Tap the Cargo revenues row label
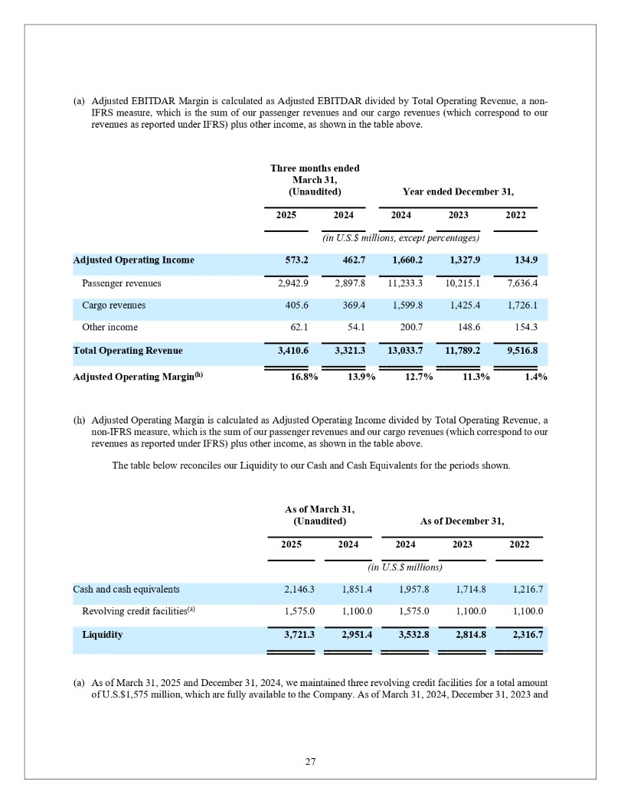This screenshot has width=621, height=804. (113, 306)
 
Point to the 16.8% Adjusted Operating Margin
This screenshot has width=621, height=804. (293, 377)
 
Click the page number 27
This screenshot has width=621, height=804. (310, 761)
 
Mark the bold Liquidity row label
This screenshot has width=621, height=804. (102, 635)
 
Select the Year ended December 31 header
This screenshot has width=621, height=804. (458, 191)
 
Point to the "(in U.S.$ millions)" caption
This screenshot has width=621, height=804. (405, 567)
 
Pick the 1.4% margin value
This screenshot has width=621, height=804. (534, 377)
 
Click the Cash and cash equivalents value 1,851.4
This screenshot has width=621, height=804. (348, 590)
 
